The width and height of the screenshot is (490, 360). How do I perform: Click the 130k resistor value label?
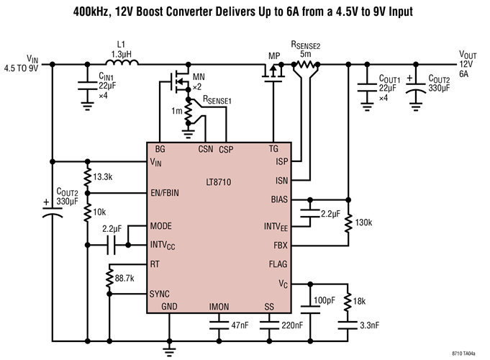click(366, 220)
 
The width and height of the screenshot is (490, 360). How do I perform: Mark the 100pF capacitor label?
click(325, 300)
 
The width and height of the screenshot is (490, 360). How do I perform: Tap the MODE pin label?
click(160, 225)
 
